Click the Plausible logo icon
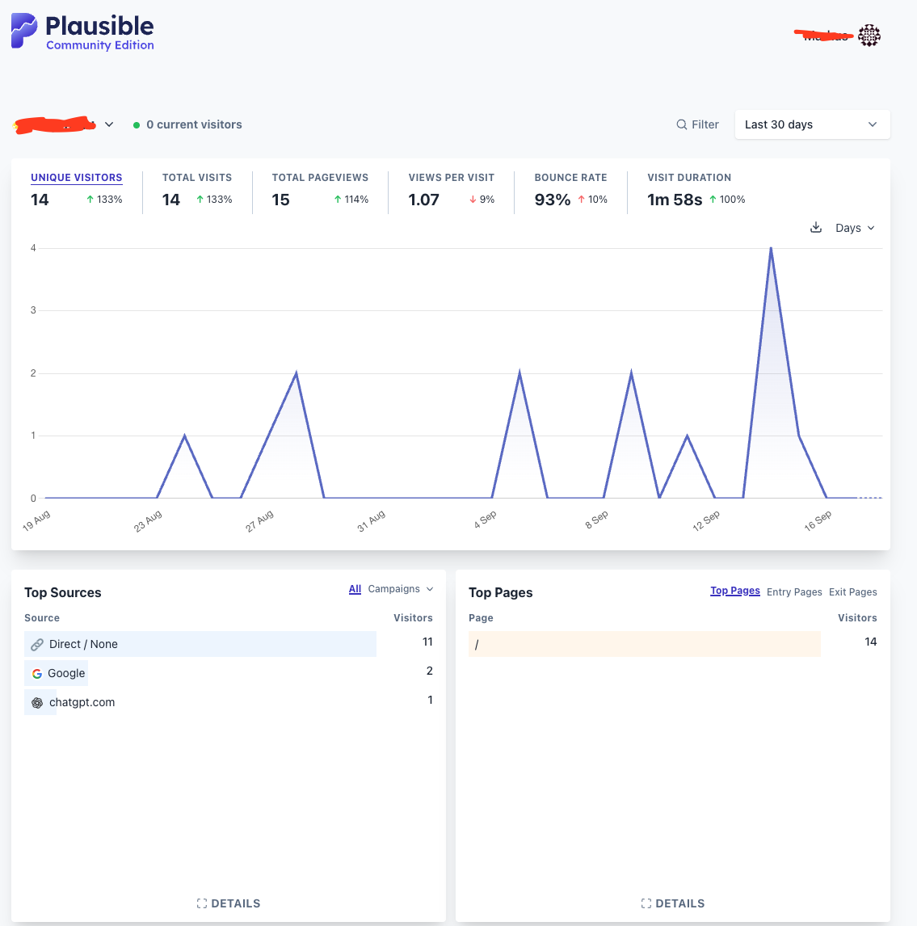click(24, 31)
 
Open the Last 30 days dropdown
click(812, 124)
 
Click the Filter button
click(698, 124)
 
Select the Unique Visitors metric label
click(77, 178)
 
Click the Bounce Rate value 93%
click(553, 200)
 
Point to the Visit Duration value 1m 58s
click(675, 200)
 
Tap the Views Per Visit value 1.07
click(424, 200)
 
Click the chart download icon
click(816, 228)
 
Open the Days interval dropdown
click(855, 228)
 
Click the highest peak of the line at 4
click(771, 248)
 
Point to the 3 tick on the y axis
click(33, 310)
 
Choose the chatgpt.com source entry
click(82, 702)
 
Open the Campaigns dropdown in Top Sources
click(401, 589)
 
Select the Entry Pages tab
click(794, 592)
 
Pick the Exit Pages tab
click(852, 592)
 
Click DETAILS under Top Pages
click(673, 903)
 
